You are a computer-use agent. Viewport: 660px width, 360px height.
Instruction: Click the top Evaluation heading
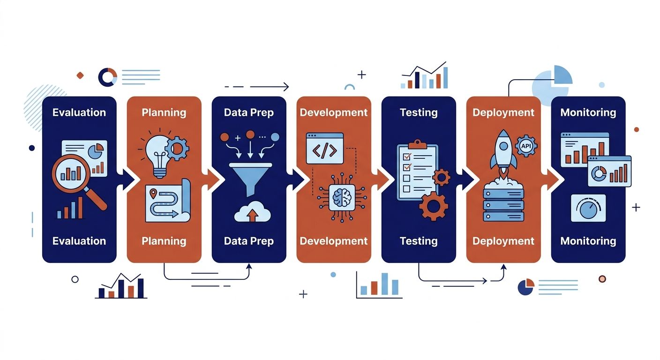coord(79,112)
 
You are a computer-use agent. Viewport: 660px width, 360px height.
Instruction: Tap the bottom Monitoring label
coord(588,241)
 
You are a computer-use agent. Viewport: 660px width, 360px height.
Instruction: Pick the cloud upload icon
coord(252,211)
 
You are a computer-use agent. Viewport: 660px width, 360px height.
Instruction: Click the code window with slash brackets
coord(325,148)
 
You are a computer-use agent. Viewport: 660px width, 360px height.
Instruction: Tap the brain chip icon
coord(342,197)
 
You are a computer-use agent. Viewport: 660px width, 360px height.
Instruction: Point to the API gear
coord(526,146)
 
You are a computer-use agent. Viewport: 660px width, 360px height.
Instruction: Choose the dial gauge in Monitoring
coord(588,208)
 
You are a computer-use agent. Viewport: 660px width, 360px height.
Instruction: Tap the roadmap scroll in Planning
coord(168,200)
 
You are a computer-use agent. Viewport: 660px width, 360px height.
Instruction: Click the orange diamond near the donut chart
coord(80,75)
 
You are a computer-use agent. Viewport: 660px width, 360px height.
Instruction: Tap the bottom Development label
coord(334,241)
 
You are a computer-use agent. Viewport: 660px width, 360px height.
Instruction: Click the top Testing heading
coord(419,112)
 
